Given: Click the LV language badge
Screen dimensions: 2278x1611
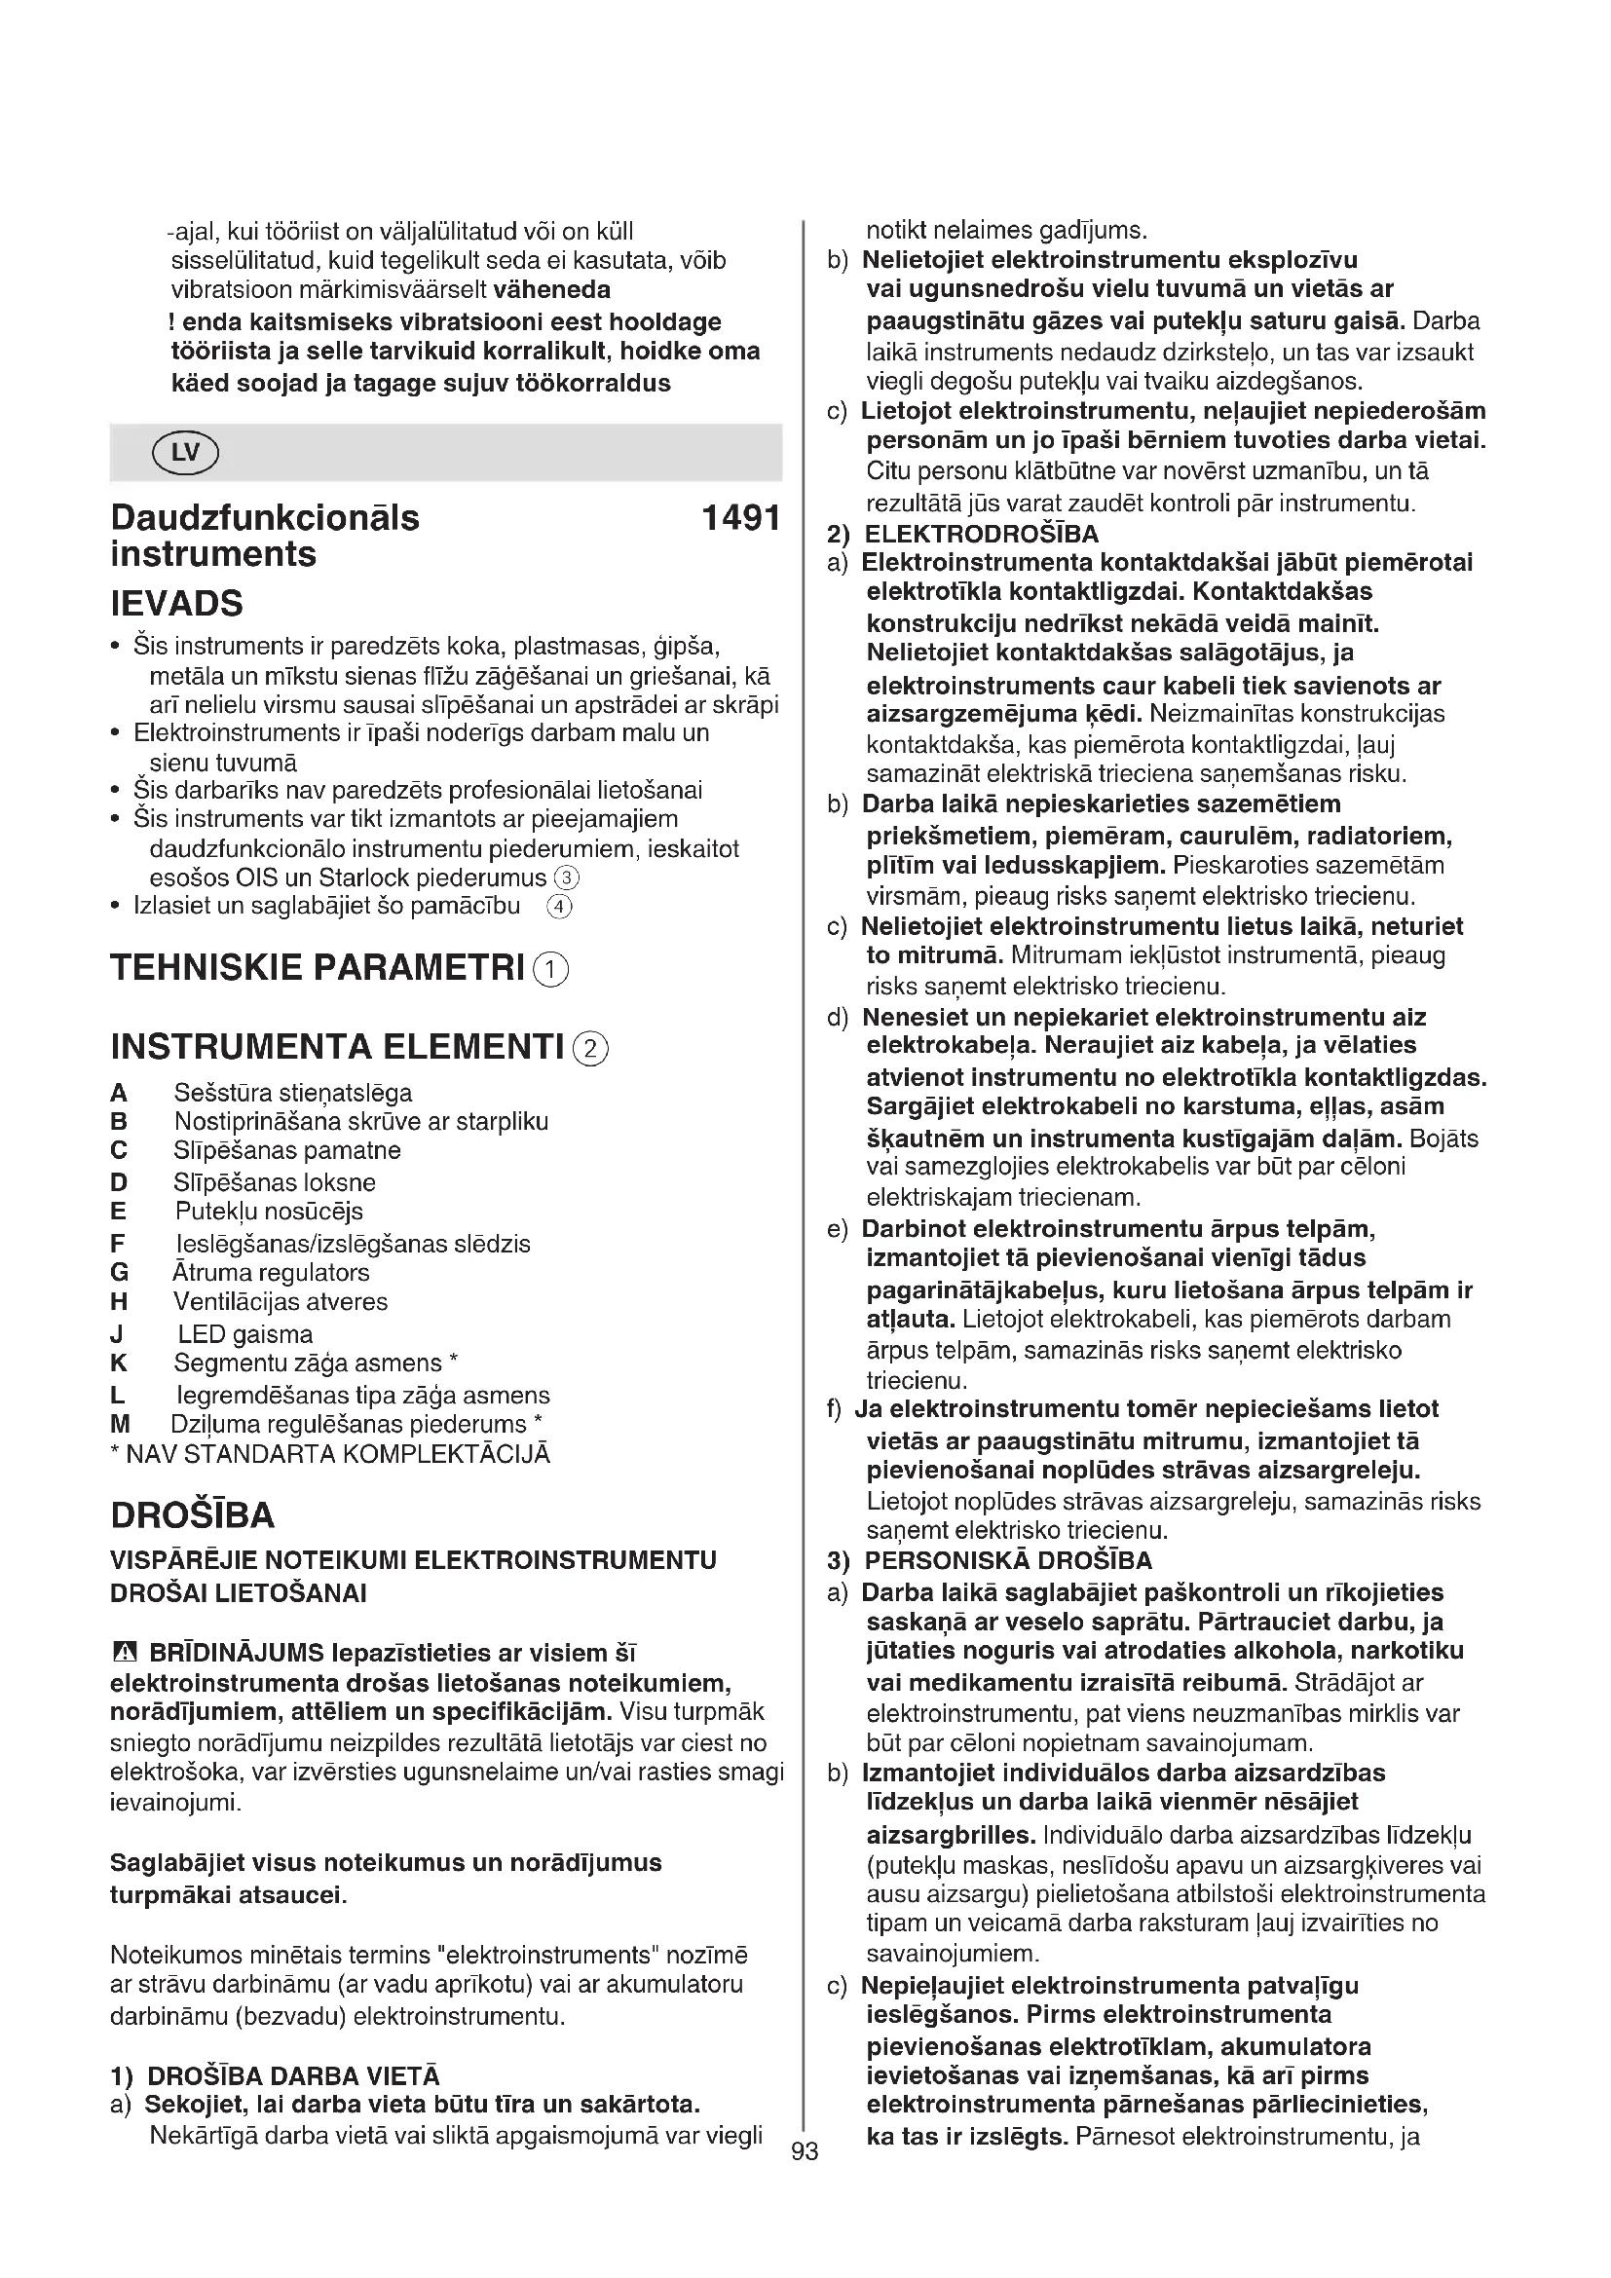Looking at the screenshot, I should coord(185,454).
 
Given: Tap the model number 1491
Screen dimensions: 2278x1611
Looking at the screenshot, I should coord(741,518).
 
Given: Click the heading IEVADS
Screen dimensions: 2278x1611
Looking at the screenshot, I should coord(176,603).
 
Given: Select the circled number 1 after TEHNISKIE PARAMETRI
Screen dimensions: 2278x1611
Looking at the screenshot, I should coord(550,969).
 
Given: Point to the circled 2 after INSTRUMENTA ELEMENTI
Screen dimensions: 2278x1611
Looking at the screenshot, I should coord(591,1049).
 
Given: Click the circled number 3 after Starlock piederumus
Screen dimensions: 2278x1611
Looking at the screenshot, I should coord(566,878).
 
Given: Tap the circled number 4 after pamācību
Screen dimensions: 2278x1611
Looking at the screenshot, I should coord(559,906).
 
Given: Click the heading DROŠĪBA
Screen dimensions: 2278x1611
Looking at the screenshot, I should coord(193,1515).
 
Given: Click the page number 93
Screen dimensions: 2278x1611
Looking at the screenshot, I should coord(805,2151).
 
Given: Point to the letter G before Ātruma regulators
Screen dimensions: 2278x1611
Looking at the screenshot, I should coord(119,1272).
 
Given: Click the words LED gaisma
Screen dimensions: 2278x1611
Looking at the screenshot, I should coord(245,1334).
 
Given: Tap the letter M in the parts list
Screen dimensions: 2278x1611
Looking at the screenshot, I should coord(120,1424).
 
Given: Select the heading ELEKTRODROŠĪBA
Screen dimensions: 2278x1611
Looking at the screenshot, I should coord(981,534).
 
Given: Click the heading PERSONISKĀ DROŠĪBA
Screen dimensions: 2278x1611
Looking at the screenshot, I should coord(1008,1560).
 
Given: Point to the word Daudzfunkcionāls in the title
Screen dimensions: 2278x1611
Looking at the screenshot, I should coord(265,518).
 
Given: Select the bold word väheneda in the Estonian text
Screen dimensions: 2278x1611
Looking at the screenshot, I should coord(551,289).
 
